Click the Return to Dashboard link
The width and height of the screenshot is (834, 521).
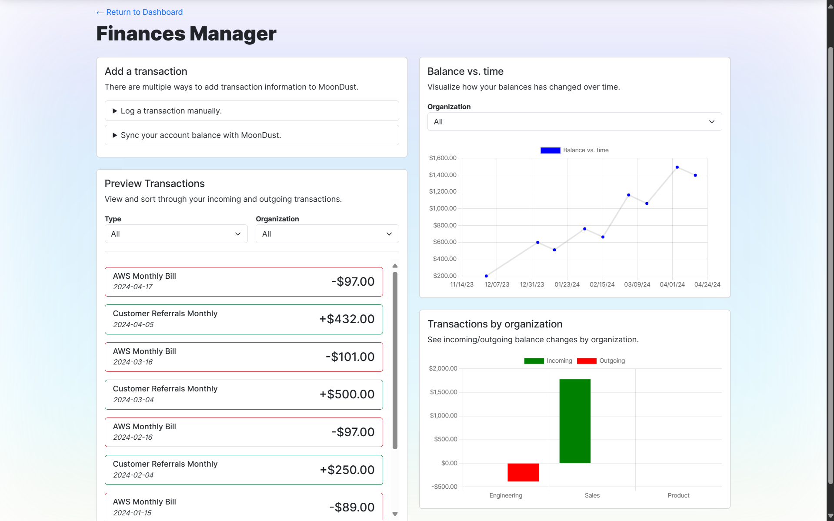tap(140, 12)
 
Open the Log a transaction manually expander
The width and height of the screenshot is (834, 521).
tap(171, 111)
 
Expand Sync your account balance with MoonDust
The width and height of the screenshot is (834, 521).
tap(200, 135)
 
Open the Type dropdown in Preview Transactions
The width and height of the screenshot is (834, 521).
tap(176, 234)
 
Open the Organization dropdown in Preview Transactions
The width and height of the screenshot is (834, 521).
tap(327, 234)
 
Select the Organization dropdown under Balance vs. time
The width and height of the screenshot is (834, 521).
tap(574, 122)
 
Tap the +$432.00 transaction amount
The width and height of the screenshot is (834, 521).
tap(347, 319)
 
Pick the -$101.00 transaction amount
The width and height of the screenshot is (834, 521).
tap(350, 357)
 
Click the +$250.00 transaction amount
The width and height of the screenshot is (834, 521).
tap(347, 470)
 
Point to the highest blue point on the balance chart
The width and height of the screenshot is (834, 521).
tap(677, 167)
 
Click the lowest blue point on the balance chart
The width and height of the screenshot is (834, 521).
tap(486, 276)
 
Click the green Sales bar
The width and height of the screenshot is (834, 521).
tap(574, 421)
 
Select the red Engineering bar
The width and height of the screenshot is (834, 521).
tap(523, 472)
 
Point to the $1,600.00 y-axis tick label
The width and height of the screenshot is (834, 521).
tap(443, 158)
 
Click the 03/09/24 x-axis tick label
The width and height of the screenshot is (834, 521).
tap(637, 284)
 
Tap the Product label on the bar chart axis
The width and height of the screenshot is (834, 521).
tap(678, 495)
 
